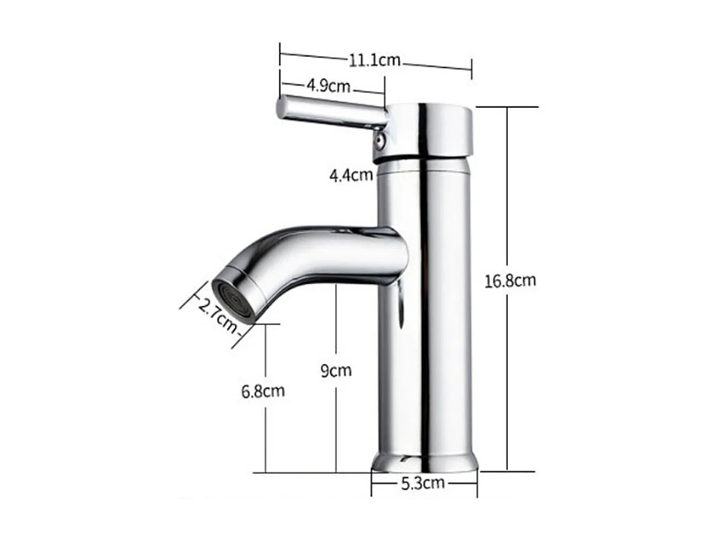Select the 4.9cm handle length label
point(328,86)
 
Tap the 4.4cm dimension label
point(350,175)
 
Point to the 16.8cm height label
point(510,281)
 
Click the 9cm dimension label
point(336,371)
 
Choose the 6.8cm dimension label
point(263,390)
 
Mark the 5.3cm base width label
point(423,482)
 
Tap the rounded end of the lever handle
point(283,108)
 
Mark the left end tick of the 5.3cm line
point(372,483)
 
